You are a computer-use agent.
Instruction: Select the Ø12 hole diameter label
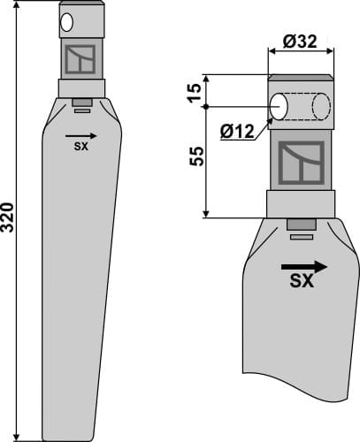point(235,132)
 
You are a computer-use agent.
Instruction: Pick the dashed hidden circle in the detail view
point(320,106)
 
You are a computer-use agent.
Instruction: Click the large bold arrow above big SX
point(303,265)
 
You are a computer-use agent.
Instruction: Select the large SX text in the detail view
point(303,283)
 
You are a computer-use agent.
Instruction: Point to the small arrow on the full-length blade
point(76,136)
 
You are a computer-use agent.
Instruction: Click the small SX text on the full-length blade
point(80,148)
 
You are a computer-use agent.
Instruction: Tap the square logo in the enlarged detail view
point(301,162)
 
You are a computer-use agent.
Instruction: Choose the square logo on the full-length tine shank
point(81,59)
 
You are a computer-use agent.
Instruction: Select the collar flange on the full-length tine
point(82,88)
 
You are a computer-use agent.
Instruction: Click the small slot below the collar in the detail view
point(301,235)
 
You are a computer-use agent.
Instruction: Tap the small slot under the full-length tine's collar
point(82,110)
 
